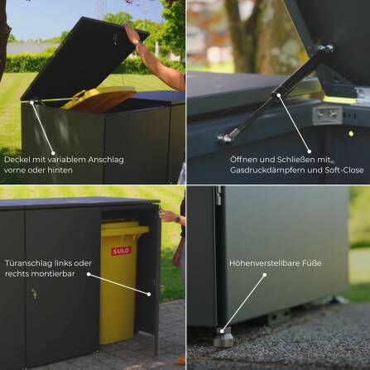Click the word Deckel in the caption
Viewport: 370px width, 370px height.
point(17,159)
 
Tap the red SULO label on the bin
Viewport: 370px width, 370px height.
point(121,249)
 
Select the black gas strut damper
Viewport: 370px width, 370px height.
point(277,91)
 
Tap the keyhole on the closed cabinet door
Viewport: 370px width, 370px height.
point(34,293)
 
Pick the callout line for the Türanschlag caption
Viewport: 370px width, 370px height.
point(120,284)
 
